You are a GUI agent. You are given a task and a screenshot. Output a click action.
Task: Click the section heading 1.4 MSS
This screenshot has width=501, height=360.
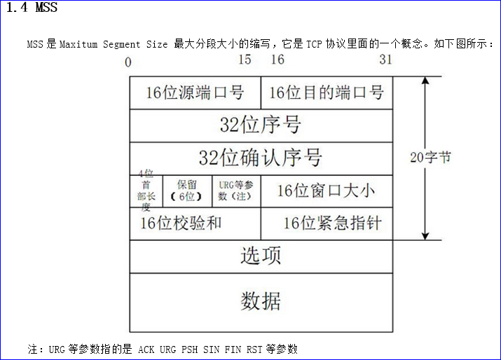[x=32, y=9]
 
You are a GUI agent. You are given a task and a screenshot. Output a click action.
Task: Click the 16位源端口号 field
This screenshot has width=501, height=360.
[x=195, y=92]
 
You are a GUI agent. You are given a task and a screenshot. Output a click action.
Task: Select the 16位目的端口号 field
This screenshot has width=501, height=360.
[x=327, y=92]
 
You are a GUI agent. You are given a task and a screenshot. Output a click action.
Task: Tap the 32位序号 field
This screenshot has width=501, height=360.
[x=261, y=125]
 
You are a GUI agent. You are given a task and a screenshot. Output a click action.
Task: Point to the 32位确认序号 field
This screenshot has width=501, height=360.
[x=261, y=158]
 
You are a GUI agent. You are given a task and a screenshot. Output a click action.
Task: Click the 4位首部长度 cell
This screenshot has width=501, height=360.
[x=146, y=191]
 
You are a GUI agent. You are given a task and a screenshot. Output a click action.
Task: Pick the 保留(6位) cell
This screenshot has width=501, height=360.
[x=186, y=191]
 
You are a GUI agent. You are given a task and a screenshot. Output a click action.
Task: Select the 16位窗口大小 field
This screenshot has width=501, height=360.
[x=327, y=191]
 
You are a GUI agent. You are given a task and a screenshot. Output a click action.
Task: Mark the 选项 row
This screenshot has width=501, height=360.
[x=261, y=256]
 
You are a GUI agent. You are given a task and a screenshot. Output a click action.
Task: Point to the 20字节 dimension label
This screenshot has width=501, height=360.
[x=430, y=158]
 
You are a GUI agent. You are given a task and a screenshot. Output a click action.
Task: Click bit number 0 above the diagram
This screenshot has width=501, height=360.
[x=128, y=62]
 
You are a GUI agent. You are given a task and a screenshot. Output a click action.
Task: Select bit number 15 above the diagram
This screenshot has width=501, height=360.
[x=244, y=60]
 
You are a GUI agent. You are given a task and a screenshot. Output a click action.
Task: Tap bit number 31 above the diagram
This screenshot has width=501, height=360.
[x=385, y=60]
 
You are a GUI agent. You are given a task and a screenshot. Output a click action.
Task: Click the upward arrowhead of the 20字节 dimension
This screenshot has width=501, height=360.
[x=423, y=81]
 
